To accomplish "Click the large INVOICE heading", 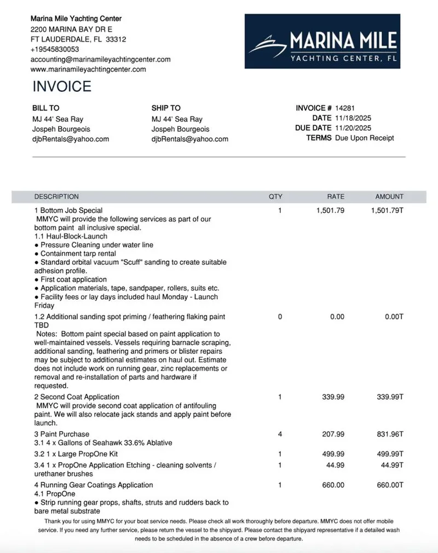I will click(62, 86).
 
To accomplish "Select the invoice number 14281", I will click(345, 108).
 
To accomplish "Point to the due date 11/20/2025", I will click(353, 128).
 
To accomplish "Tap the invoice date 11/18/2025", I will click(353, 118).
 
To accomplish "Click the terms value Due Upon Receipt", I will click(364, 138).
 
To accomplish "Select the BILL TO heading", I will click(46, 108).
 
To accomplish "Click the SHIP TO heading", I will click(166, 108).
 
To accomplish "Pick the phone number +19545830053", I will click(55, 49).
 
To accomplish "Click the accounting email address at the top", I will click(100, 59).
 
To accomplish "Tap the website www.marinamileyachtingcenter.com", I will click(88, 69).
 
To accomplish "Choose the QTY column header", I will click(275, 196).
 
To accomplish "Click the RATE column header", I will click(336, 196).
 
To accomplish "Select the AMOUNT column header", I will click(389, 196).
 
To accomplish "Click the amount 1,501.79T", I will click(387, 211).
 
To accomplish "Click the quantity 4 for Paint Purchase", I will click(280, 434).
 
